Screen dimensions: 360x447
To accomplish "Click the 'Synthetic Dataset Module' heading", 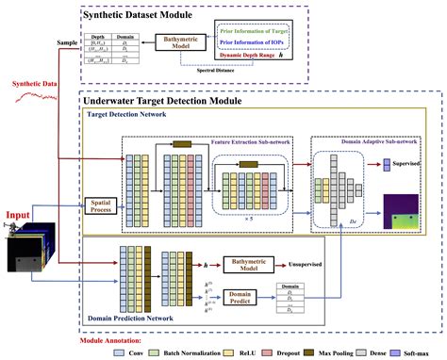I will pos(144,15).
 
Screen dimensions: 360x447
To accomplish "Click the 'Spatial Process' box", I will pos(100,203).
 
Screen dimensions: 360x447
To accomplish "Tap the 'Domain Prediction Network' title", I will pos(139,320).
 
